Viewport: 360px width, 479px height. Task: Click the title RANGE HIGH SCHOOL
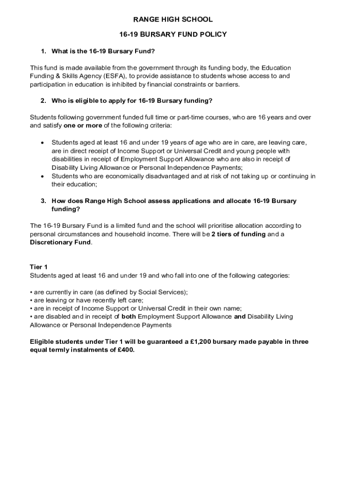click(x=173, y=20)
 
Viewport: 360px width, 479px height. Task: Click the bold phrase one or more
click(x=83, y=126)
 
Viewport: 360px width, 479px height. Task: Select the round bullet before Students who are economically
click(x=43, y=176)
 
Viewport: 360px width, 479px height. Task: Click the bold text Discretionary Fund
click(x=60, y=242)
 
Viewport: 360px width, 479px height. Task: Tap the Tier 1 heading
click(x=39, y=267)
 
